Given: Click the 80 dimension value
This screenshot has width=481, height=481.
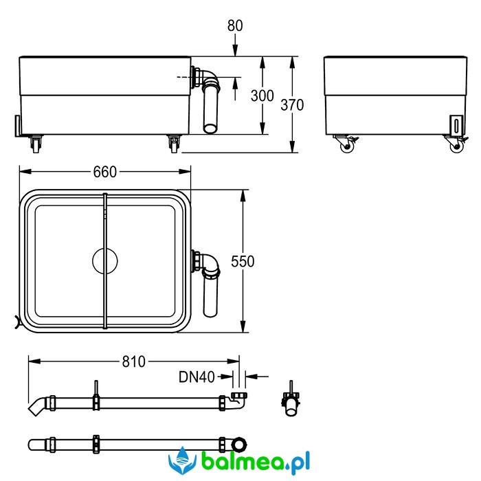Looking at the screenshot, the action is pyautogui.click(x=235, y=25).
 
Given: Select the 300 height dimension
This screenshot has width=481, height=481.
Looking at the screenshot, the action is pyautogui.click(x=262, y=96).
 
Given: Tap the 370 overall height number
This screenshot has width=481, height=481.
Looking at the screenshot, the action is pyautogui.click(x=292, y=105).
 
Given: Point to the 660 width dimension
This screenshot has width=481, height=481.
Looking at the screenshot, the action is pyautogui.click(x=105, y=172).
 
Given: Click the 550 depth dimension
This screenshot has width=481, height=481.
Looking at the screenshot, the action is pyautogui.click(x=243, y=261).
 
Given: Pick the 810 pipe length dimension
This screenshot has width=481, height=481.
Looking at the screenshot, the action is pyautogui.click(x=134, y=361).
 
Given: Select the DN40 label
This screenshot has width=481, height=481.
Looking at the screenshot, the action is pyautogui.click(x=197, y=377).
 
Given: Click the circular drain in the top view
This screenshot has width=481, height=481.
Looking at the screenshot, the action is pyautogui.click(x=105, y=260).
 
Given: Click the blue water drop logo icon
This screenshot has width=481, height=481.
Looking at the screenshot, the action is pyautogui.click(x=182, y=460).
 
